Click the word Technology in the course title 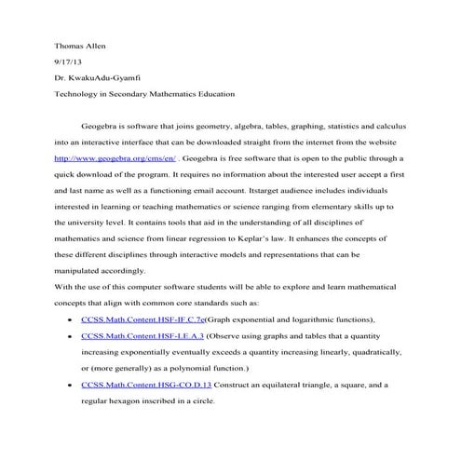[x=79, y=94]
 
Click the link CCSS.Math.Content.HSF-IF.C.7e [x=142, y=319]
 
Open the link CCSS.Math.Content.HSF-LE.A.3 [x=142, y=335]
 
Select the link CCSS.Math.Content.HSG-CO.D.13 [x=146, y=385]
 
